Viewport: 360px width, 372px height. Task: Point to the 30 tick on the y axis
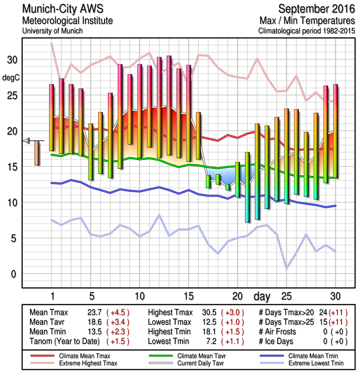pyautogui.click(x=12, y=60)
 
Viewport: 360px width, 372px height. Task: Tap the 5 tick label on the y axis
pyautogui.click(x=13, y=239)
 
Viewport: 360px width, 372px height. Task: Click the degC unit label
pyautogui.click(x=12, y=77)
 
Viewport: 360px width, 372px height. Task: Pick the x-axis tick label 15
pyautogui.click(x=188, y=296)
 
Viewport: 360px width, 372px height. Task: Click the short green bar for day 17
pyautogui.click(x=208, y=181)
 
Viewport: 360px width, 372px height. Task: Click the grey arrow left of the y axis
pyautogui.click(x=26, y=140)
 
